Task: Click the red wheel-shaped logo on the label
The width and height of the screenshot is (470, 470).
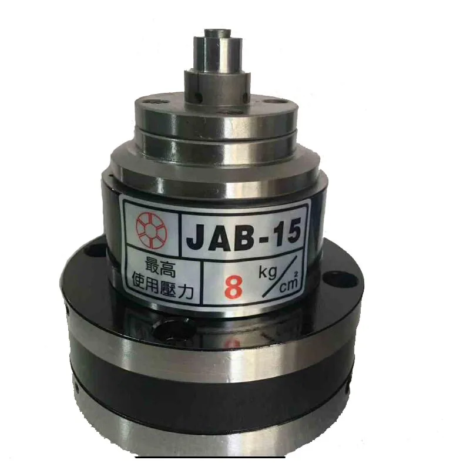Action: click(152, 231)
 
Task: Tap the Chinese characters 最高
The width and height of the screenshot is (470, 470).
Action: click(160, 268)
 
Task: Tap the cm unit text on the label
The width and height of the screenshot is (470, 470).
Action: click(289, 286)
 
